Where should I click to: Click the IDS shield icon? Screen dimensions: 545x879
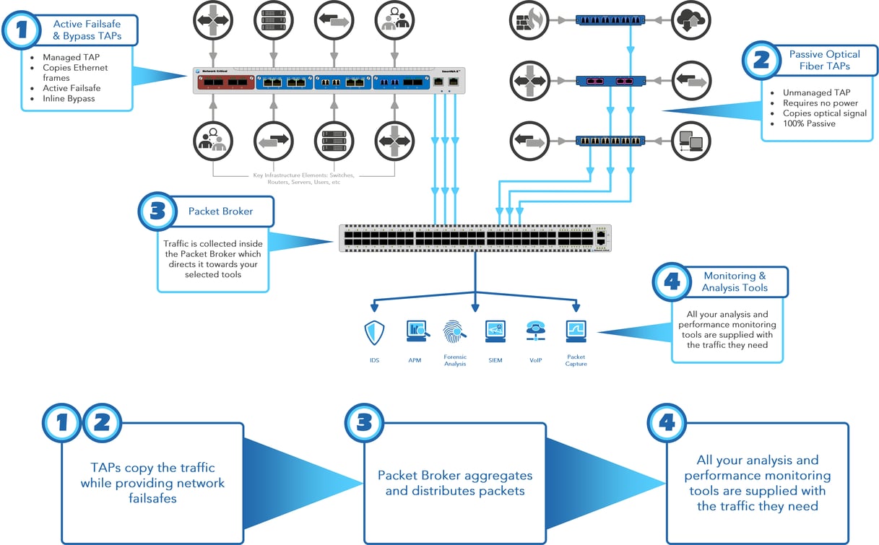374,333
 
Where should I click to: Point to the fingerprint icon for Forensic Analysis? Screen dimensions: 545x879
455,331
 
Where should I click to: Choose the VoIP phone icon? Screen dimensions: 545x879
535,331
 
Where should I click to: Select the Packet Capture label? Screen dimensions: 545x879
576,360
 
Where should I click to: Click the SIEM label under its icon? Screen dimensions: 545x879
495,360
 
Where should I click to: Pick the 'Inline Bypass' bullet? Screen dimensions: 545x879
69,98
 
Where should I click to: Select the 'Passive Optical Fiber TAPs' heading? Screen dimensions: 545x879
823,60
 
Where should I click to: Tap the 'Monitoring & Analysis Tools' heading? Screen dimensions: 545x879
735,282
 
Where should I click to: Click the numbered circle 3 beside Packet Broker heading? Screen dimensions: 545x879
157,212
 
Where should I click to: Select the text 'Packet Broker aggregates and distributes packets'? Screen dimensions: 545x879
454,484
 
